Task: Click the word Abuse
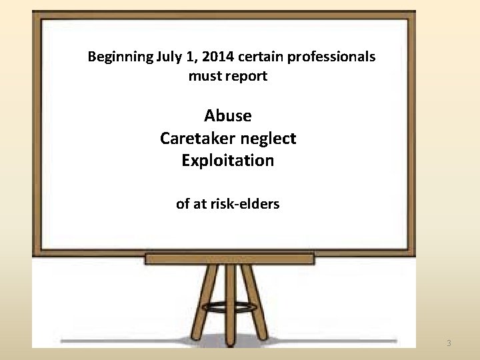[x=228, y=116]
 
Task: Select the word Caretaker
[x=192, y=139]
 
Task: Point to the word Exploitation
[x=228, y=161]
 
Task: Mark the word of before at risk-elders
[x=183, y=204]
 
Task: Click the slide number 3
[x=449, y=343]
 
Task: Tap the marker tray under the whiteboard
[x=229, y=259]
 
